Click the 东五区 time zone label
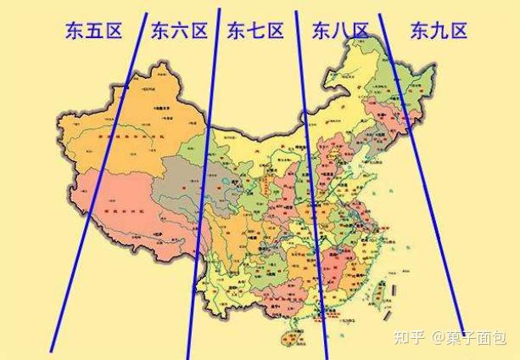94,32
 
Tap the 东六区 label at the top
179,32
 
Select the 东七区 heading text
255,32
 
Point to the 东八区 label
340,32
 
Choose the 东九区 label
439,32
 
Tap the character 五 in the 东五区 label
94,32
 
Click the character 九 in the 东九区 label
439,32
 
